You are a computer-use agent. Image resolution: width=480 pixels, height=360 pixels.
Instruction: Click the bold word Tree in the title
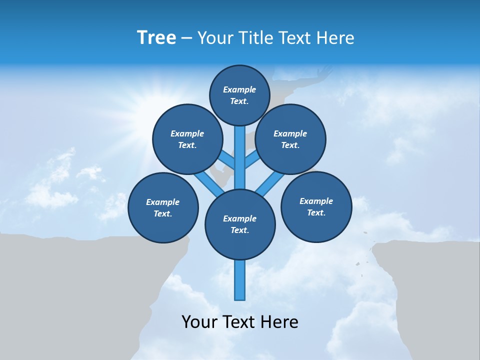click(156, 37)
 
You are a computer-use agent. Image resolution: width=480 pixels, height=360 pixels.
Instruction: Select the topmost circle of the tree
click(239, 95)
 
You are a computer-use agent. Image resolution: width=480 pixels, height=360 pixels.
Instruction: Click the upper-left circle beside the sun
click(187, 139)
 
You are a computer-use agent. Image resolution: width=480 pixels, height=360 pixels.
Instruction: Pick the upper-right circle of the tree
click(290, 139)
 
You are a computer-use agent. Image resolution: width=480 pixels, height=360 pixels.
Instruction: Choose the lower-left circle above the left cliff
click(163, 207)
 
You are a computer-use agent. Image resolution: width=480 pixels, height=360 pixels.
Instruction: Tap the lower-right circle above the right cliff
click(316, 206)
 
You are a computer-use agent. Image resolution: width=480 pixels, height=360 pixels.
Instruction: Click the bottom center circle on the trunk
click(240, 224)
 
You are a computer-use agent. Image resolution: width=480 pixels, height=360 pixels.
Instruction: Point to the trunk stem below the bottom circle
click(240, 280)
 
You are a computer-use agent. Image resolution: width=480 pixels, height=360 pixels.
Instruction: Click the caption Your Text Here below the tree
click(240, 321)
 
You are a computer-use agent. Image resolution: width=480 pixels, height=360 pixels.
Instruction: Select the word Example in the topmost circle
click(239, 89)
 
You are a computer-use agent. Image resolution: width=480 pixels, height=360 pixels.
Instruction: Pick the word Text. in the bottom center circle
click(239, 230)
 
